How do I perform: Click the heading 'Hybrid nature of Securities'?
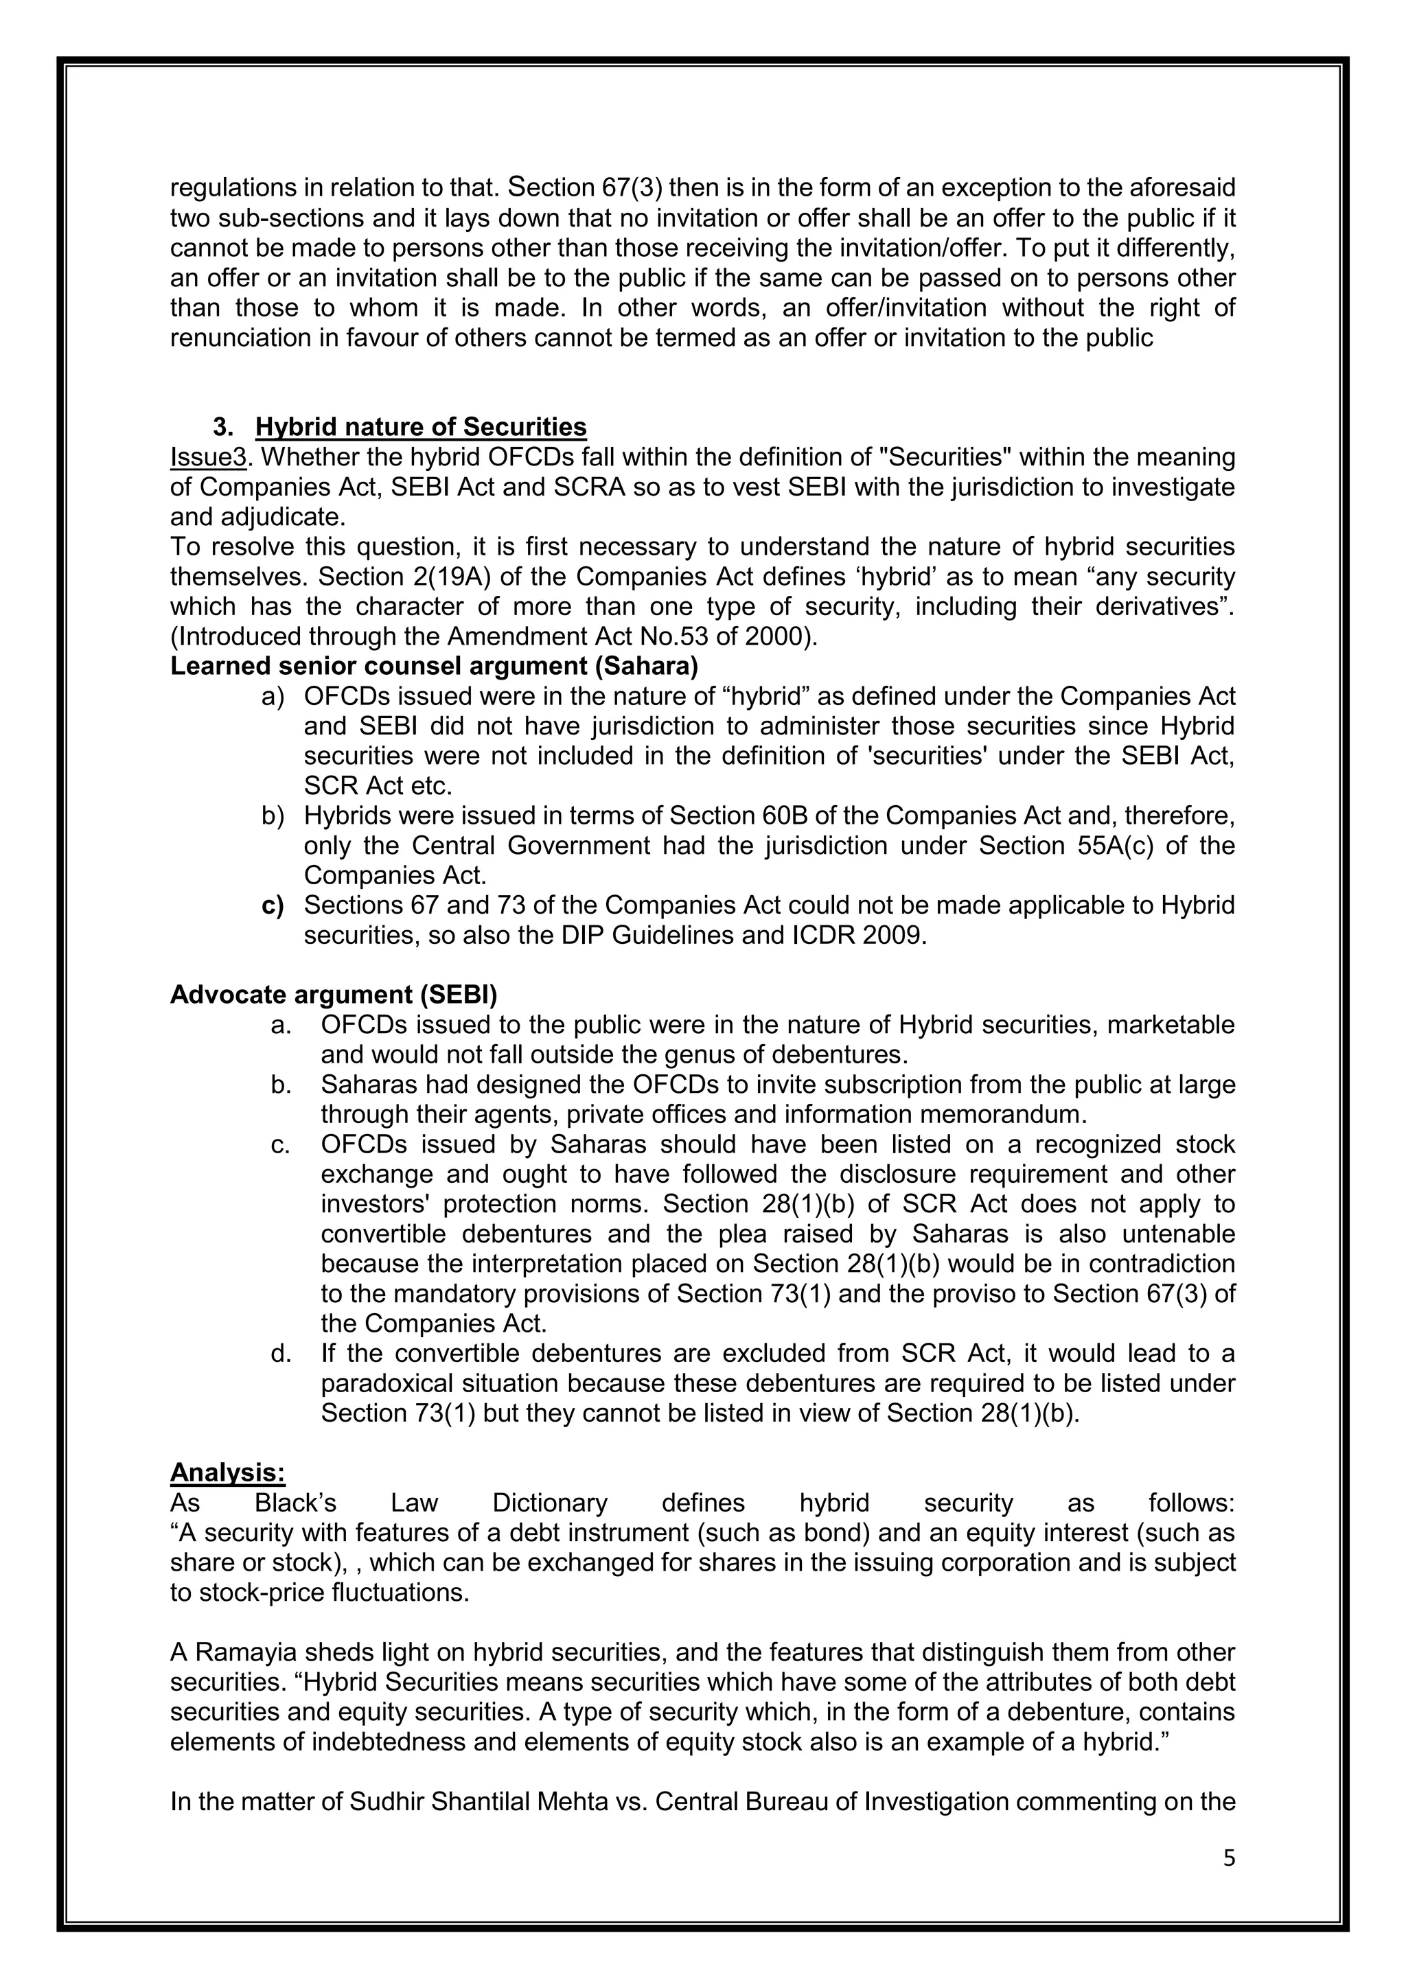coord(421,427)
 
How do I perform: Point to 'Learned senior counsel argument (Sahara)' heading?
coord(434,666)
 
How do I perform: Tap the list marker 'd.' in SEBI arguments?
coord(281,1352)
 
